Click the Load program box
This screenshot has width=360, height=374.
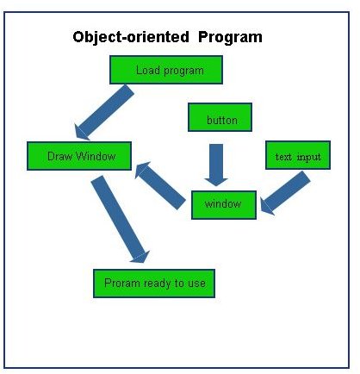pyautogui.click(x=166, y=70)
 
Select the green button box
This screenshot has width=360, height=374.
pyautogui.click(x=220, y=117)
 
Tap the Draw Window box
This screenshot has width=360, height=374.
pyautogui.click(x=79, y=156)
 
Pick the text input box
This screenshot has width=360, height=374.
pyautogui.click(x=298, y=155)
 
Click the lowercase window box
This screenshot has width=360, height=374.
pyautogui.click(x=224, y=205)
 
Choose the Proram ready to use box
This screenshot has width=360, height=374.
pyautogui.click(x=154, y=284)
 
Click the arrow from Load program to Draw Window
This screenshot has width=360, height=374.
pyautogui.click(x=104, y=112)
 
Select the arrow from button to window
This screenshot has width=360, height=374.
pyautogui.click(x=216, y=165)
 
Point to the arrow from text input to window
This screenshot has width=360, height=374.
pyautogui.click(x=285, y=193)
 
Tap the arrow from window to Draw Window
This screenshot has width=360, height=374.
pyautogui.click(x=160, y=185)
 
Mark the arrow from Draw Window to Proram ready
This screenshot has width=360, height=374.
pyautogui.click(x=121, y=219)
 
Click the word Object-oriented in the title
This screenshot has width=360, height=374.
pyautogui.click(x=131, y=37)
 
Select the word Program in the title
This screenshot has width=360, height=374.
pyautogui.click(x=230, y=37)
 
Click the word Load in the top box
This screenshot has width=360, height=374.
pyautogui.click(x=148, y=70)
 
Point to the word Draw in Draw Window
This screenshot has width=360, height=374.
pyautogui.click(x=59, y=156)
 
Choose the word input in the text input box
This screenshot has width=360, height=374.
pyautogui.click(x=309, y=157)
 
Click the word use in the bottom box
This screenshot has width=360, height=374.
pyautogui.click(x=196, y=284)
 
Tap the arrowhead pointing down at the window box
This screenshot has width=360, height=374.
pyautogui.click(x=216, y=182)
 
